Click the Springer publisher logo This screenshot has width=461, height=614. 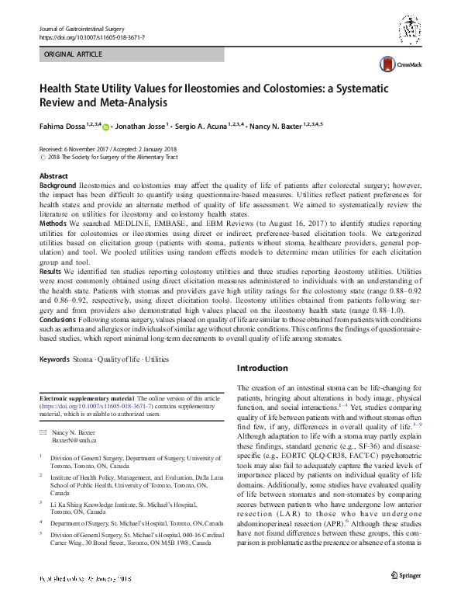(x=406, y=596)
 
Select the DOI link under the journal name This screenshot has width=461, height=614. (x=91, y=36)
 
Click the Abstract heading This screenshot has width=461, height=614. (x=53, y=177)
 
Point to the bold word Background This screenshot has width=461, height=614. (x=57, y=187)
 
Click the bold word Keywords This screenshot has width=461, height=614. (x=54, y=359)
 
